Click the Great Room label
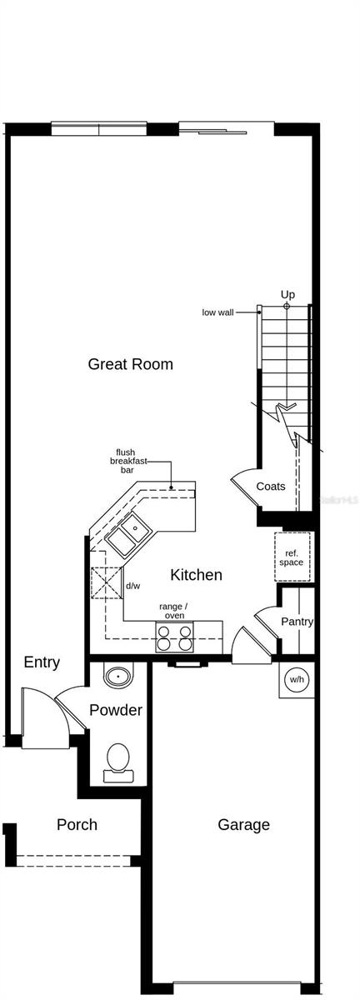(x=131, y=364)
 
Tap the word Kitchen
(x=197, y=575)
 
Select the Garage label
(x=243, y=825)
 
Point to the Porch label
(x=77, y=825)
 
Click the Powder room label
(x=116, y=711)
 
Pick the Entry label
(x=42, y=662)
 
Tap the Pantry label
(x=297, y=622)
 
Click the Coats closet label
(x=271, y=487)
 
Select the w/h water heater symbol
(x=297, y=680)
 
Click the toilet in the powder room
(x=118, y=761)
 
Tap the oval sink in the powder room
(x=118, y=675)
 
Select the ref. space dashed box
(x=292, y=557)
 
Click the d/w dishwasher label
(x=132, y=586)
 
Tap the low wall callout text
(x=218, y=312)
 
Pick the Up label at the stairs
(x=287, y=294)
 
